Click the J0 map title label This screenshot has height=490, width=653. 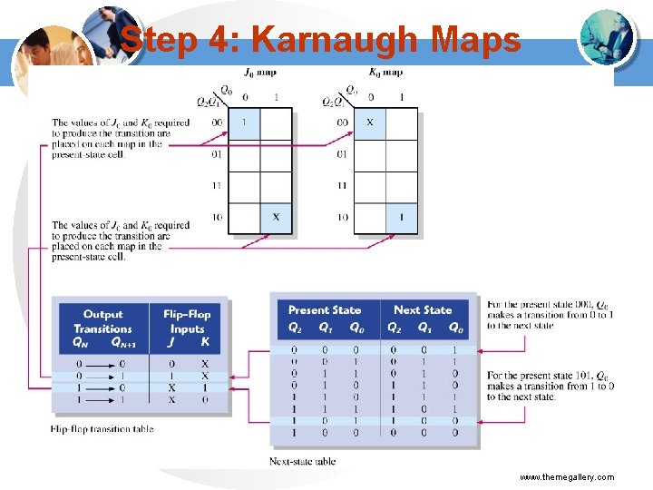260,73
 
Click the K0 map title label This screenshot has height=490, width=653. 386,73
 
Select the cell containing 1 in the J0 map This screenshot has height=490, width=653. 243,122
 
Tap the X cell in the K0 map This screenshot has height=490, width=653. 369,122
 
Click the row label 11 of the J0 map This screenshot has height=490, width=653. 215,186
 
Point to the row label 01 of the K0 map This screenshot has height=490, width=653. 341,154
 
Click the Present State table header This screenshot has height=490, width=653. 325,310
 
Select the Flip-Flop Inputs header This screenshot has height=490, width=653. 187,321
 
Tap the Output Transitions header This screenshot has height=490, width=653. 102,321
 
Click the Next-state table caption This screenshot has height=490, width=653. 303,461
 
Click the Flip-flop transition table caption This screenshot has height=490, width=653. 102,428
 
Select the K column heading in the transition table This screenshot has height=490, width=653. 205,342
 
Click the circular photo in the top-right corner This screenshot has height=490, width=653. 606,37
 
